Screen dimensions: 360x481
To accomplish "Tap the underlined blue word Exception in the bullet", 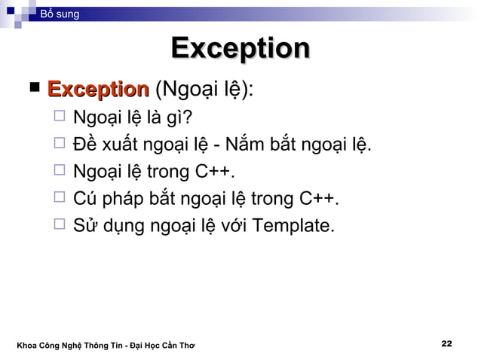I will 97,91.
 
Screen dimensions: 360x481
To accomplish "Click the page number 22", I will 446,344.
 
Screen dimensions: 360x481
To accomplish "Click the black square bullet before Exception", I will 35,90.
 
